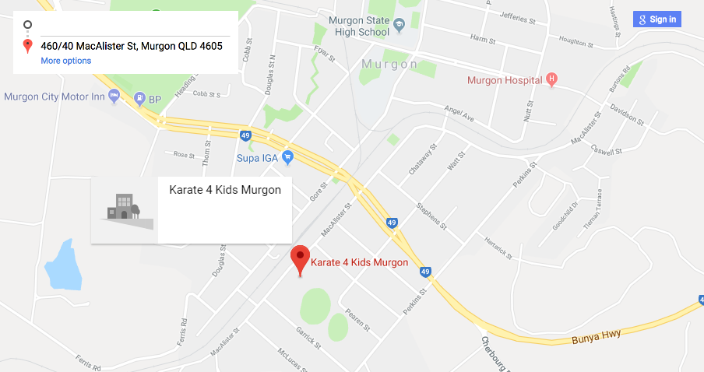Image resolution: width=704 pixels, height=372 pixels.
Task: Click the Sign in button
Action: (657, 19)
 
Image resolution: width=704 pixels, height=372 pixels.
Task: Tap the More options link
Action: (65, 61)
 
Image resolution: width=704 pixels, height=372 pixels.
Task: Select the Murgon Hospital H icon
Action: (552, 79)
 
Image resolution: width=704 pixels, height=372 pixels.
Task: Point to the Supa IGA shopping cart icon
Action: (287, 158)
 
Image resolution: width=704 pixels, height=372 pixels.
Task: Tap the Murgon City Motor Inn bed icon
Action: (114, 97)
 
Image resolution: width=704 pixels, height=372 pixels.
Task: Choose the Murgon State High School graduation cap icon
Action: (399, 24)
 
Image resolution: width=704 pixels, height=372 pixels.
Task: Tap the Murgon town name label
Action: (389, 63)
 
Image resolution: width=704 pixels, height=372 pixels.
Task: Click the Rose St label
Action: (185, 155)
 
